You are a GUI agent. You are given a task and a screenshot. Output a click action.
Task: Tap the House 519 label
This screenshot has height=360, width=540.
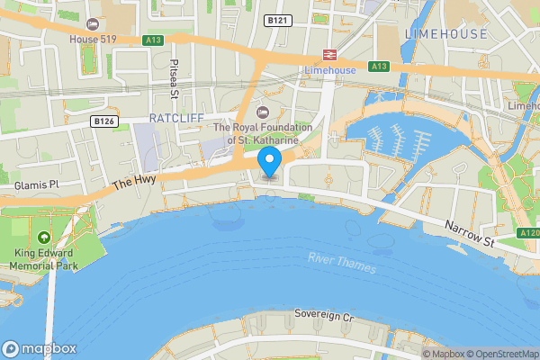click(93, 38)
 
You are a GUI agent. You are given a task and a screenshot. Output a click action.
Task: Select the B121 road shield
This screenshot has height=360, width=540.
click(277, 19)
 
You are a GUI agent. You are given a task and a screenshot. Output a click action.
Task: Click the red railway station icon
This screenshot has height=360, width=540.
click(329, 54)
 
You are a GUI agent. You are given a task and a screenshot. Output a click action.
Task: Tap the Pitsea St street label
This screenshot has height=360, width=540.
click(175, 79)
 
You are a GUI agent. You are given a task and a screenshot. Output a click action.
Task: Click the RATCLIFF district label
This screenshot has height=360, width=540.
click(176, 118)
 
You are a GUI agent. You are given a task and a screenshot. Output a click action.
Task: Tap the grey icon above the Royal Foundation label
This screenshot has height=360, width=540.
click(262, 112)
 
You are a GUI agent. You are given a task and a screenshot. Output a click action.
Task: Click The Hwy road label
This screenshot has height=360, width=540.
click(134, 184)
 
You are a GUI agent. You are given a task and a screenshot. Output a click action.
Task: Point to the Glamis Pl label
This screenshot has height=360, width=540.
click(36, 184)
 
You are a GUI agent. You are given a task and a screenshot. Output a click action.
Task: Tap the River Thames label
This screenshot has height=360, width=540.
click(342, 263)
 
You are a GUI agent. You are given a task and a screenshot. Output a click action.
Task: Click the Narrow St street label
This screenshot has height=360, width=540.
click(471, 237)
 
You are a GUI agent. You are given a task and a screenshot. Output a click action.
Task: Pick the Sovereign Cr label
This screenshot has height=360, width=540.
click(325, 315)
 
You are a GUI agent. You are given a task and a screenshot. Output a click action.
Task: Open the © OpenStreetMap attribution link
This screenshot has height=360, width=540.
click(500, 354)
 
